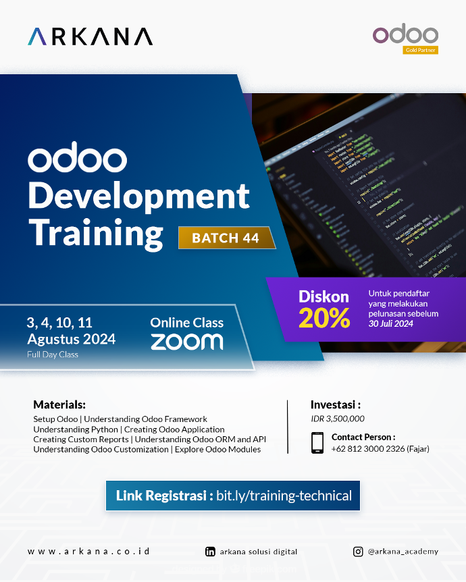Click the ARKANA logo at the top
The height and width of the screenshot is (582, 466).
[x=90, y=36]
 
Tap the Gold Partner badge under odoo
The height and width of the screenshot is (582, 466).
[x=420, y=50]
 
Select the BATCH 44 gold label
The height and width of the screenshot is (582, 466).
[x=226, y=238]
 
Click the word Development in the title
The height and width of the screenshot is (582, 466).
[x=138, y=197]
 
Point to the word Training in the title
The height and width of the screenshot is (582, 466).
[x=95, y=233]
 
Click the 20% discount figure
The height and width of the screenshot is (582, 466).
[x=324, y=319]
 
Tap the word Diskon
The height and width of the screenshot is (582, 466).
[x=324, y=296]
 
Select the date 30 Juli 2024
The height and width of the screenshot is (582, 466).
[x=391, y=324]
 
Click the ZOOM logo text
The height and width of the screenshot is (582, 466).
[x=186, y=342]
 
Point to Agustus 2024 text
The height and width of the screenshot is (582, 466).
[x=71, y=339]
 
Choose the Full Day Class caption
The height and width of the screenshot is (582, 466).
[x=53, y=354]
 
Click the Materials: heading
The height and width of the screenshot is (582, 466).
[x=59, y=405]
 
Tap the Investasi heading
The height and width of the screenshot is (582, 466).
[x=336, y=405]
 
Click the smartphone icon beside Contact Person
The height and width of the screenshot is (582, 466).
[x=317, y=442]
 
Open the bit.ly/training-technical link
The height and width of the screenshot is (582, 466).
[x=284, y=496]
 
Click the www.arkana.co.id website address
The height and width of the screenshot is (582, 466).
[x=88, y=551]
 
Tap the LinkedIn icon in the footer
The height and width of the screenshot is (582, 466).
[x=210, y=552]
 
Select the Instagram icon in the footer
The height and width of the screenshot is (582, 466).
[x=358, y=552]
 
